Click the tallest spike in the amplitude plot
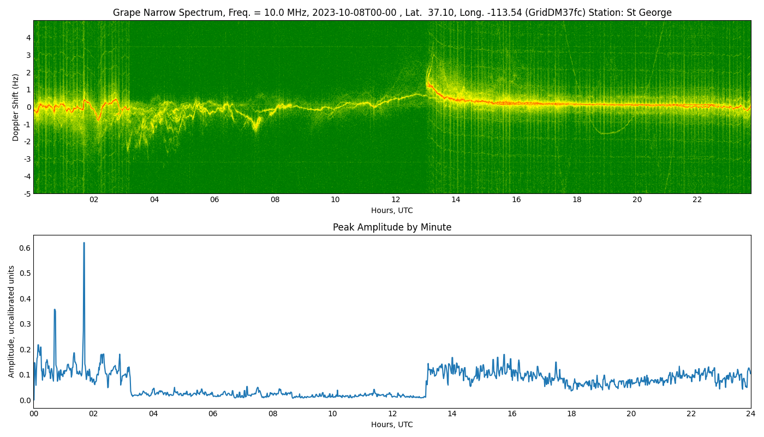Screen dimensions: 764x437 (84, 243)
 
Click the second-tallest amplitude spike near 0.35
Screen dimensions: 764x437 (55, 310)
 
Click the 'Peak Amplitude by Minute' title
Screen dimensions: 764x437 (392, 227)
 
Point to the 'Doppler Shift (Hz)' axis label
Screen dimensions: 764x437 (15, 107)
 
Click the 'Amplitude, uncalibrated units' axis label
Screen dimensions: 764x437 (11, 322)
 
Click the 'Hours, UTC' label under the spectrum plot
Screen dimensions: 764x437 (392, 210)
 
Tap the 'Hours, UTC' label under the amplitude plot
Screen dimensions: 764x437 (392, 425)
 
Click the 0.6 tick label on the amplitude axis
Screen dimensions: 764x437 (25, 248)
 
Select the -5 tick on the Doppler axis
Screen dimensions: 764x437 (27, 194)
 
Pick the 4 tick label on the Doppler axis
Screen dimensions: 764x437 (28, 38)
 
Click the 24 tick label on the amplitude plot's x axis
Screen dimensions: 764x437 (750, 414)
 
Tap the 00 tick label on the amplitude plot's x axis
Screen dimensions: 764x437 (34, 414)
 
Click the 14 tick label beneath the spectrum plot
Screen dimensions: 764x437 (456, 199)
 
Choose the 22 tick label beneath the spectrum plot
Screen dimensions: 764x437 (697, 199)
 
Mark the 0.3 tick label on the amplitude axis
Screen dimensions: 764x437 (25, 324)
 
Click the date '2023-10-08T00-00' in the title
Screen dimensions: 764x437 (354, 13)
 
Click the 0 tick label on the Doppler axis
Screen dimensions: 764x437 (28, 107)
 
